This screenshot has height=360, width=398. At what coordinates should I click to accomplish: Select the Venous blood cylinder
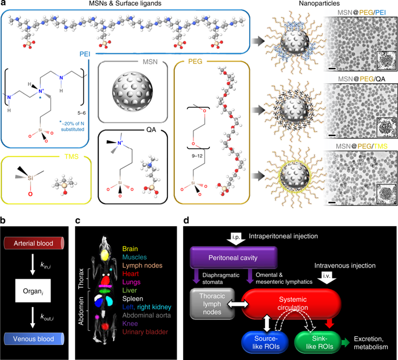pos(35,338)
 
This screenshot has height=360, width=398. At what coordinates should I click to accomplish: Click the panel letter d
pos(185,220)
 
